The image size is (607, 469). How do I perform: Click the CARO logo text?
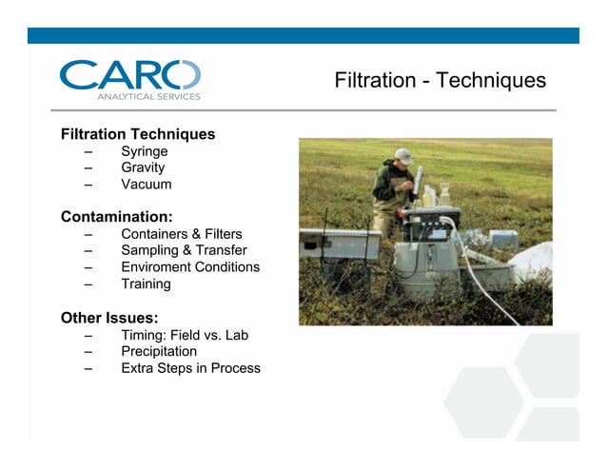[x=129, y=75]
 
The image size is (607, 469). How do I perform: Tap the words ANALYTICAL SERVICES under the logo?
[x=148, y=96]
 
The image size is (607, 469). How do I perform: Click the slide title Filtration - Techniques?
[x=440, y=81]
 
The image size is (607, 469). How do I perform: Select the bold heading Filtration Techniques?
[x=138, y=134]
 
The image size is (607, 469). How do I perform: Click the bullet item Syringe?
[x=145, y=151]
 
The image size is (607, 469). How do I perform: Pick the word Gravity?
[x=143, y=167]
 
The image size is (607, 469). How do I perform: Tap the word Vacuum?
[x=147, y=185]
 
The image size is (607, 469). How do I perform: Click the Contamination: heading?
[x=116, y=217]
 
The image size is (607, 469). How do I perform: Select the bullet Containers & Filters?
[x=181, y=234]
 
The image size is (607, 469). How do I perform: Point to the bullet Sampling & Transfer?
[x=184, y=250]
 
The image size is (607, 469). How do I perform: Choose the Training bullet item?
[x=146, y=283]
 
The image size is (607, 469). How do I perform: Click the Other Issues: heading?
[x=109, y=317]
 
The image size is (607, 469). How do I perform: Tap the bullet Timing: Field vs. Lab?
[x=185, y=335]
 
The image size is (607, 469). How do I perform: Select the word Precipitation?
[x=159, y=351]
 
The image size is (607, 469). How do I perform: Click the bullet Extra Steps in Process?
[x=190, y=368]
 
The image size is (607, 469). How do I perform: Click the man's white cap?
[x=403, y=155]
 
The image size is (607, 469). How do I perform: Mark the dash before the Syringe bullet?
[x=88, y=152]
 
